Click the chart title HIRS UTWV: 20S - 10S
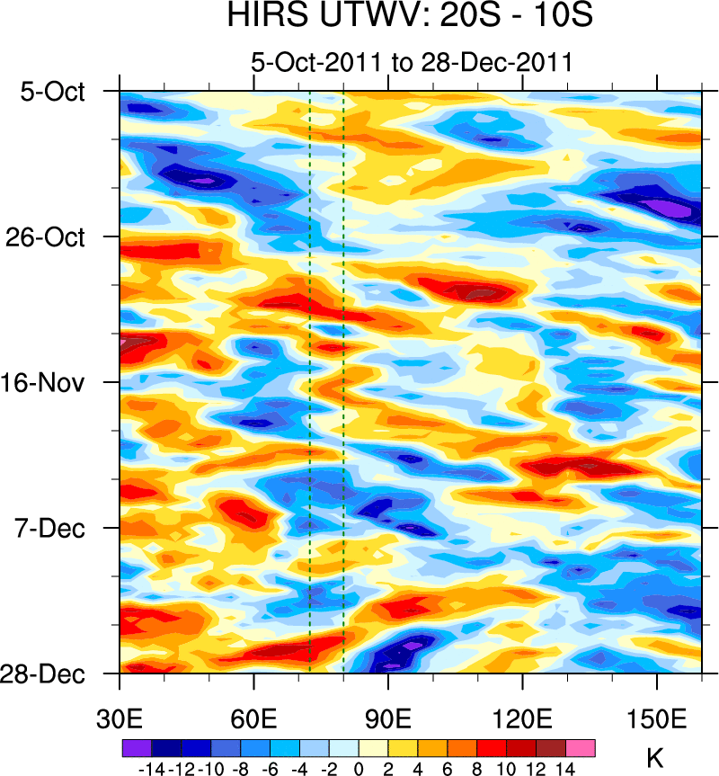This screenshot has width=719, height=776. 410,17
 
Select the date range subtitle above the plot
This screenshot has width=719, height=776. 411,64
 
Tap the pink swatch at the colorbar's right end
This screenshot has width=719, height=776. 580,747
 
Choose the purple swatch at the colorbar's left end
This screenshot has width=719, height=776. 137,747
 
